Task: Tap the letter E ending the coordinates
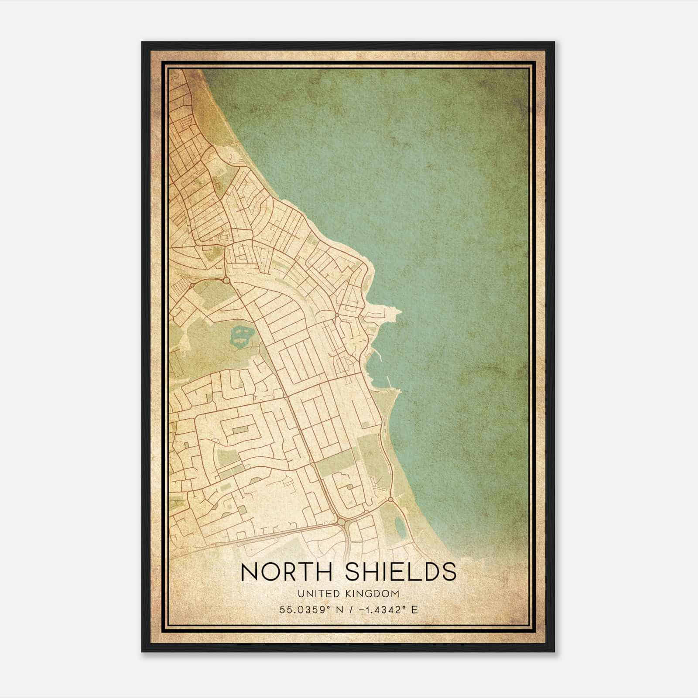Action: pyautogui.click(x=415, y=609)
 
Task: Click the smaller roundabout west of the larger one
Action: pyautogui.click(x=191, y=285)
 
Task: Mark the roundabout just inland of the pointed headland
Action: pyautogui.click(x=337, y=315)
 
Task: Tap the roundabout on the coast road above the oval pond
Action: pyautogui.click(x=390, y=499)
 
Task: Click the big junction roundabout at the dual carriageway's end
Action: pyautogui.click(x=341, y=521)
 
